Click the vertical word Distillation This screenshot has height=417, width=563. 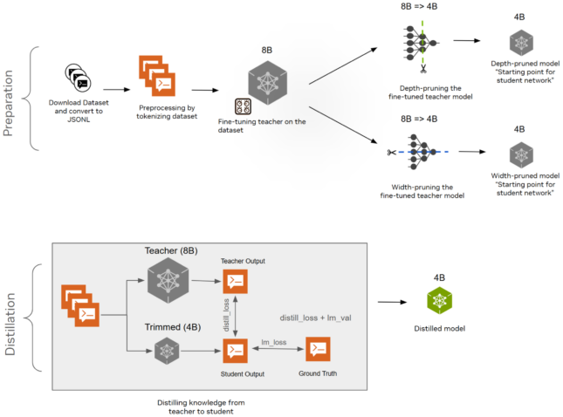click(11, 318)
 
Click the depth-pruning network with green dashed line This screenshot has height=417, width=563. click(422, 43)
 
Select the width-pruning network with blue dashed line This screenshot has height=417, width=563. click(422, 152)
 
